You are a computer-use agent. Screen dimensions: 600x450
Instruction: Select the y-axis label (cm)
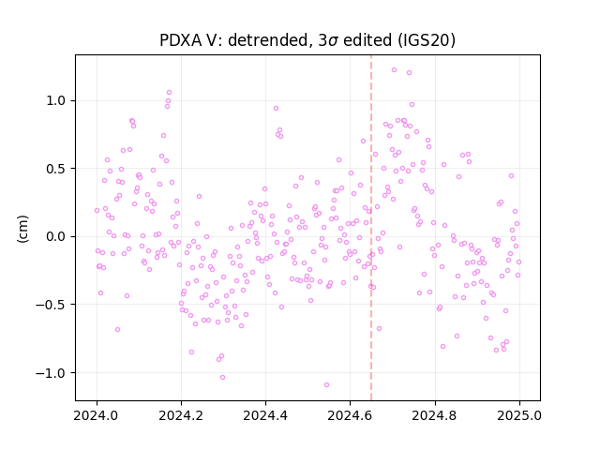(22, 229)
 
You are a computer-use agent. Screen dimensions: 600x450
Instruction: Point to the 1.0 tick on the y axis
(57, 100)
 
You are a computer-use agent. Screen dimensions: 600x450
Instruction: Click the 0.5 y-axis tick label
(57, 169)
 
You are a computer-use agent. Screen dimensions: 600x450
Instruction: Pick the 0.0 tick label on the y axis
(57, 236)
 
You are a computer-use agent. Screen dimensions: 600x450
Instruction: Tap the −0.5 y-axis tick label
(52, 305)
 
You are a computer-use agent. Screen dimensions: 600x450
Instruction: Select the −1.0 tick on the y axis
(52, 373)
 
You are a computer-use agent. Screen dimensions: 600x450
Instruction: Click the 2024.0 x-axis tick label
(97, 415)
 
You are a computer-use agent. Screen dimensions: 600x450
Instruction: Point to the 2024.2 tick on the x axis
(181, 415)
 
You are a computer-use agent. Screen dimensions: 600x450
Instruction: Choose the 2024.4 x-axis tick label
(265, 415)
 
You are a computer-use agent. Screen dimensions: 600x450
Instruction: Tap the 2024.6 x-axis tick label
(350, 415)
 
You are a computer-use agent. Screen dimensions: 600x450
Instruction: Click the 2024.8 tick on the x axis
(435, 415)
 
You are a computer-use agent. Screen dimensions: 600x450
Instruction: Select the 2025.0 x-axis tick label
(519, 415)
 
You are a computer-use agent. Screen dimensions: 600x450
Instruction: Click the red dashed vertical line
(371, 228)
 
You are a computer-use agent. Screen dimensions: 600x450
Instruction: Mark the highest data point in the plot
(394, 70)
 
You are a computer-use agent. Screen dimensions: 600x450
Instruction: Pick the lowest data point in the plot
(326, 385)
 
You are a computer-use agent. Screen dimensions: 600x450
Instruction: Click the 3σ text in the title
(328, 40)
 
